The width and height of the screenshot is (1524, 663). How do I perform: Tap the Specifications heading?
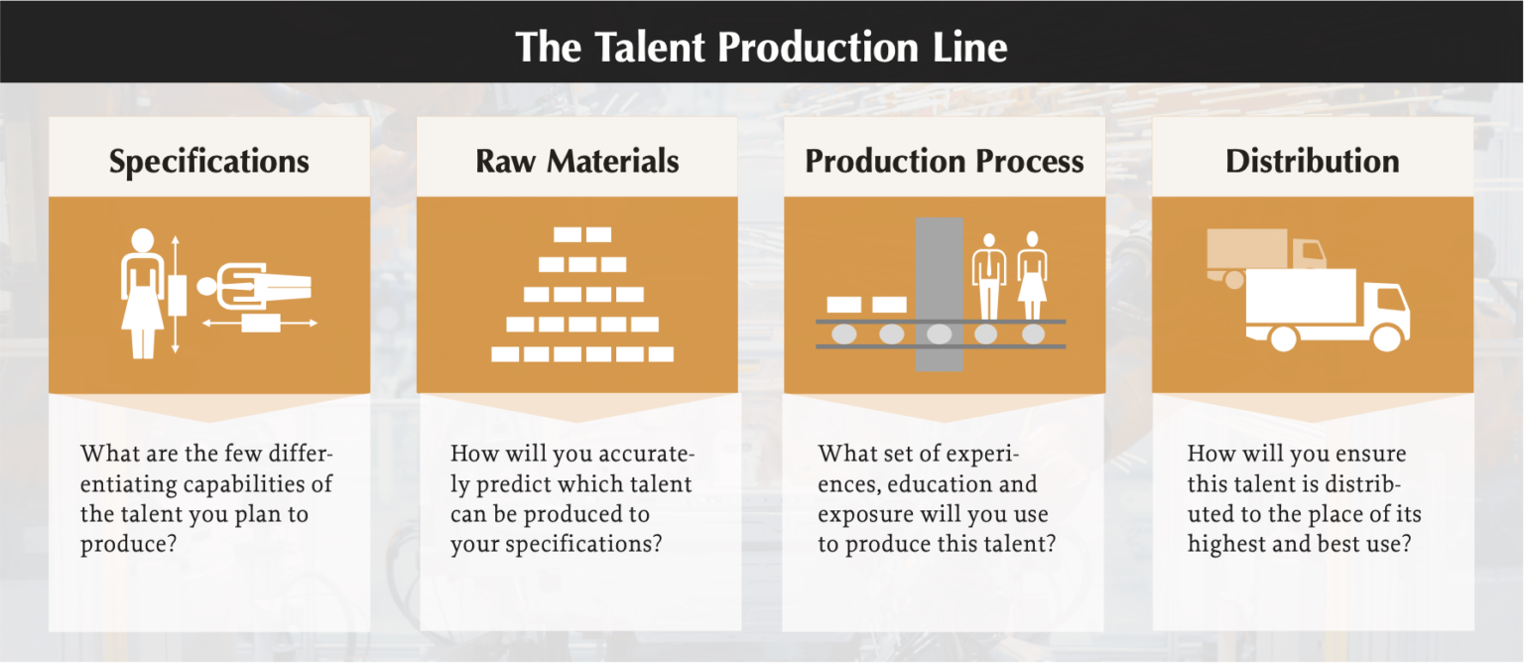209,162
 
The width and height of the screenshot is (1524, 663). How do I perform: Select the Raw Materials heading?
576,162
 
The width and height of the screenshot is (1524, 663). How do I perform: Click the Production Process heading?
945,162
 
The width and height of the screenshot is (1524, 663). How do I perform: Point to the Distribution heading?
1313,162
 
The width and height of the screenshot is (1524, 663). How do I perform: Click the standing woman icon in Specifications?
142,293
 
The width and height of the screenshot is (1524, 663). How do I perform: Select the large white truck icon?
1328,311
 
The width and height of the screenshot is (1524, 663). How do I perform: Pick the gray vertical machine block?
939,294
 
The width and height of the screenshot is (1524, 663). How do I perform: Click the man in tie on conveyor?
988,276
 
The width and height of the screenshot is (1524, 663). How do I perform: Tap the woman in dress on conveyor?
1032,276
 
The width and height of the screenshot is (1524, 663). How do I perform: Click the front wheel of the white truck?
1387,337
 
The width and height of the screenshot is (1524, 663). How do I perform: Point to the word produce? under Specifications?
128,545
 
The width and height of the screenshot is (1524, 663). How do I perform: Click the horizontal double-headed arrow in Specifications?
260,324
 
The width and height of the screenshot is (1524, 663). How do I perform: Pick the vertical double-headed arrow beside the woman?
176,294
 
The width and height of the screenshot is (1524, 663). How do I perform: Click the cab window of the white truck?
1391,300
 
